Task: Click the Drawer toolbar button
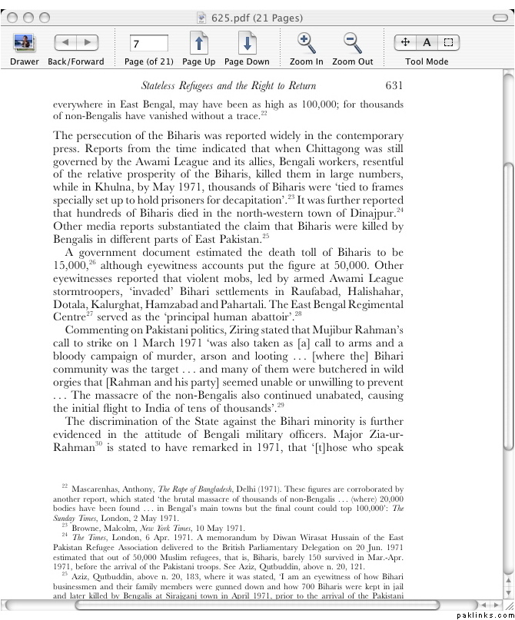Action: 24,43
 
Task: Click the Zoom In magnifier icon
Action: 306,43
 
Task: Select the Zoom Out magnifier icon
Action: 352,43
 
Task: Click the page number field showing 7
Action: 148,44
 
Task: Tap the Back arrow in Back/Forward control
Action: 65,43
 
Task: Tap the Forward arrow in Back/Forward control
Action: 88,43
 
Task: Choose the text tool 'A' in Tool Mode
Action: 427,43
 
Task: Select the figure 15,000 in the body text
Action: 70,265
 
